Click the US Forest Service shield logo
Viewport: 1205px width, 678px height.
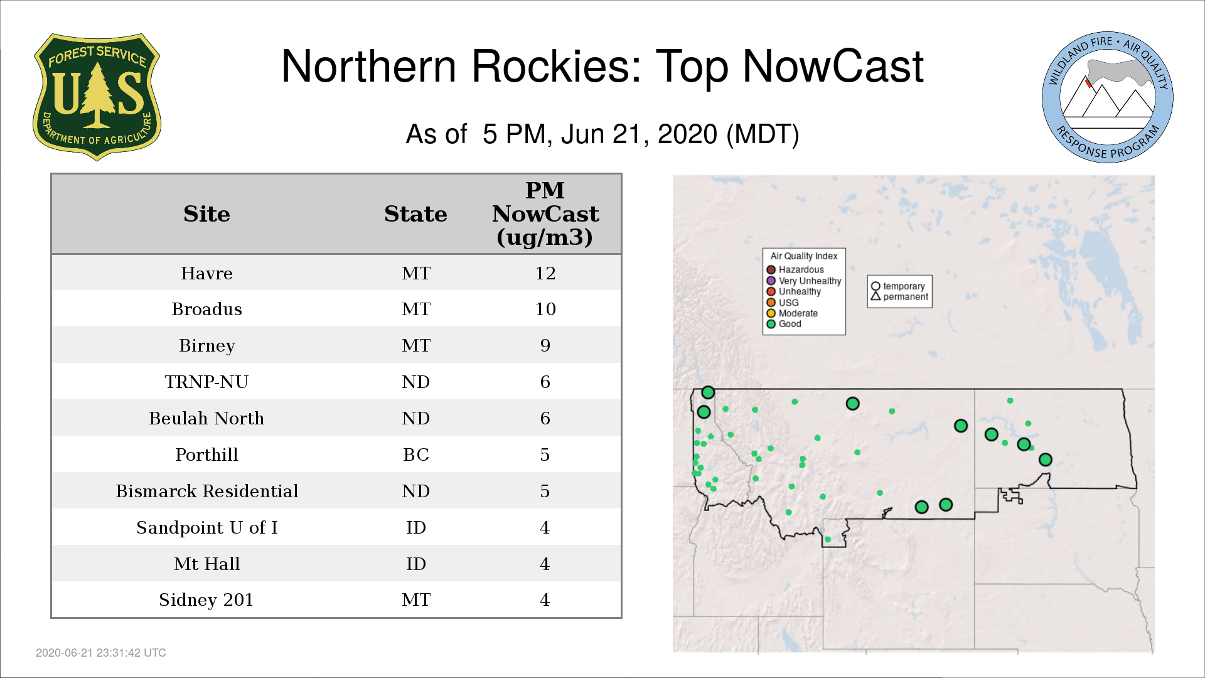[97, 97]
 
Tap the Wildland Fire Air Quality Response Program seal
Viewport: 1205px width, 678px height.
[1108, 97]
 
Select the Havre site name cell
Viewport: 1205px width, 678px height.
[206, 273]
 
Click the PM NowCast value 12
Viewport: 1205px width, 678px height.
[545, 273]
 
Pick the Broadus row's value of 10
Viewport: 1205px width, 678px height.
[545, 309]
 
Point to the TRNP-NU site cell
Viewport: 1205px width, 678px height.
[206, 382]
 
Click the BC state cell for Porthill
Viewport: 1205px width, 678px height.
[415, 455]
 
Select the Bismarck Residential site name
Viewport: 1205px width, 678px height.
[206, 491]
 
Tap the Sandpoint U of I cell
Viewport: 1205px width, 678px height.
[206, 527]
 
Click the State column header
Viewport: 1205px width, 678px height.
[415, 214]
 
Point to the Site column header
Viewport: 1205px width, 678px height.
[206, 214]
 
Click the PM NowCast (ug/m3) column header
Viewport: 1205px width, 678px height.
[545, 213]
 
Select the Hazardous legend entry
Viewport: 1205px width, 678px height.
[795, 270]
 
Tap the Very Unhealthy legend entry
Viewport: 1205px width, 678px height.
[804, 281]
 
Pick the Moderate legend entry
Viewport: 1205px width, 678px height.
[792, 313]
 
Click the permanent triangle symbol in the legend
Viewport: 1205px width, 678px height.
[876, 296]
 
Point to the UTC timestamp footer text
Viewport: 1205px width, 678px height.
[101, 653]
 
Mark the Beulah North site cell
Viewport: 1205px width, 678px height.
[206, 418]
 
